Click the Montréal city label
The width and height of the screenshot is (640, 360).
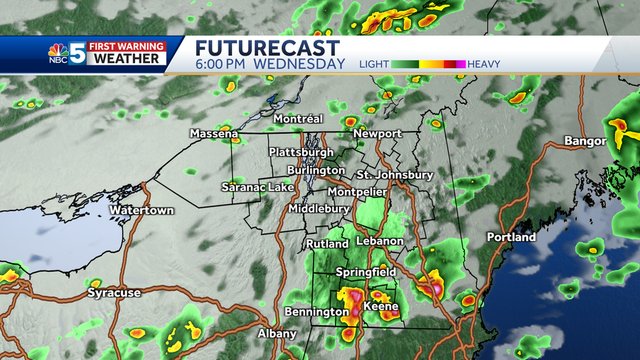pyautogui.click(x=299, y=119)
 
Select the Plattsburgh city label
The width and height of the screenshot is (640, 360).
pyautogui.click(x=301, y=152)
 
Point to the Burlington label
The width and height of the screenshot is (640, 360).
pyautogui.click(x=316, y=171)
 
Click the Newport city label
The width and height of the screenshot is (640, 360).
pyautogui.click(x=378, y=134)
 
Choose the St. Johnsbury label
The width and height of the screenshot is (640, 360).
pyautogui.click(x=395, y=175)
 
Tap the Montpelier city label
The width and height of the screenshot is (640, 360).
pyautogui.click(x=357, y=192)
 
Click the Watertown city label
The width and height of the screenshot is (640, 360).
pyautogui.click(x=142, y=211)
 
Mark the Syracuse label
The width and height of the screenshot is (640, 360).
pyautogui.click(x=114, y=292)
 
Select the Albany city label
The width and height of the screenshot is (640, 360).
pyautogui.click(x=277, y=334)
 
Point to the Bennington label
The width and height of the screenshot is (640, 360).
pyautogui.click(x=316, y=312)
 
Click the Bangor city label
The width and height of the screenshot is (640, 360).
pyautogui.click(x=585, y=142)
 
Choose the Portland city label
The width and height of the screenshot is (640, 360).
pyautogui.click(x=511, y=237)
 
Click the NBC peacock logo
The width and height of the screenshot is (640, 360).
pyautogui.click(x=58, y=53)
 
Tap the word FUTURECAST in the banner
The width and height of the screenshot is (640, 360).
pyautogui.click(x=267, y=48)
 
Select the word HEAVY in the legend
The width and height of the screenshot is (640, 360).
pyautogui.click(x=484, y=64)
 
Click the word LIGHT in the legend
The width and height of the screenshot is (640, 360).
pyautogui.click(x=374, y=64)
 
